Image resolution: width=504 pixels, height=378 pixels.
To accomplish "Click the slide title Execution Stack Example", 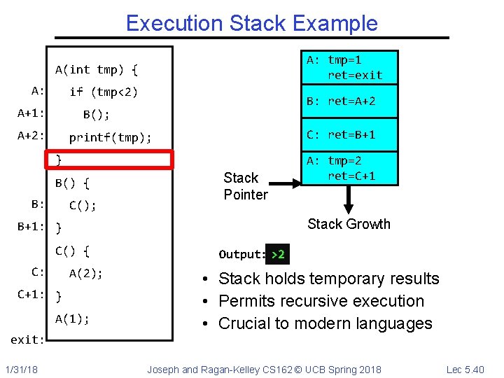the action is click(251, 23).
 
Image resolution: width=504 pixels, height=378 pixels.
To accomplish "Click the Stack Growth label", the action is click(349, 224).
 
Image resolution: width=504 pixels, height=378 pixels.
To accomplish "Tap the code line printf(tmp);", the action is click(110, 137).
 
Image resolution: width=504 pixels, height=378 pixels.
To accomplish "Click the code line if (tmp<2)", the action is click(104, 92).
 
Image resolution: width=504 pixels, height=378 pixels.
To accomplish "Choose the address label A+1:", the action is click(31, 113).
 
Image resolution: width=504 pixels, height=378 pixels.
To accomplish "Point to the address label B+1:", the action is click(31, 227).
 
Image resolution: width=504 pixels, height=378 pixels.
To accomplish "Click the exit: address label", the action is click(28, 339).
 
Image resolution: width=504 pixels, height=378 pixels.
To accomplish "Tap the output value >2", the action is click(277, 254).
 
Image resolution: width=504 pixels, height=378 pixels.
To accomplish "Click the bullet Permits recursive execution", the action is click(321, 301).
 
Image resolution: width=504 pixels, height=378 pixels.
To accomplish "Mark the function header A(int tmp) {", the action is click(97, 69).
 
